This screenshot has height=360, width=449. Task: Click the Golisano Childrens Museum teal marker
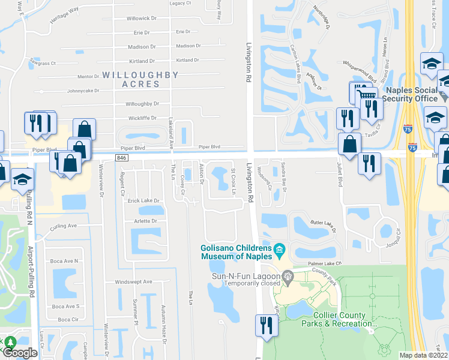[x=279, y=249]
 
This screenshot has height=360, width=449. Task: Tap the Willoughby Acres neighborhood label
[x=140, y=79]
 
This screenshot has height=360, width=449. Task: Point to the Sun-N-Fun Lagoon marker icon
[x=287, y=275]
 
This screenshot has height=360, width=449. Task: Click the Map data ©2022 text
[x=423, y=355]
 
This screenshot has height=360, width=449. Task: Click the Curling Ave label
[x=64, y=226]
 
